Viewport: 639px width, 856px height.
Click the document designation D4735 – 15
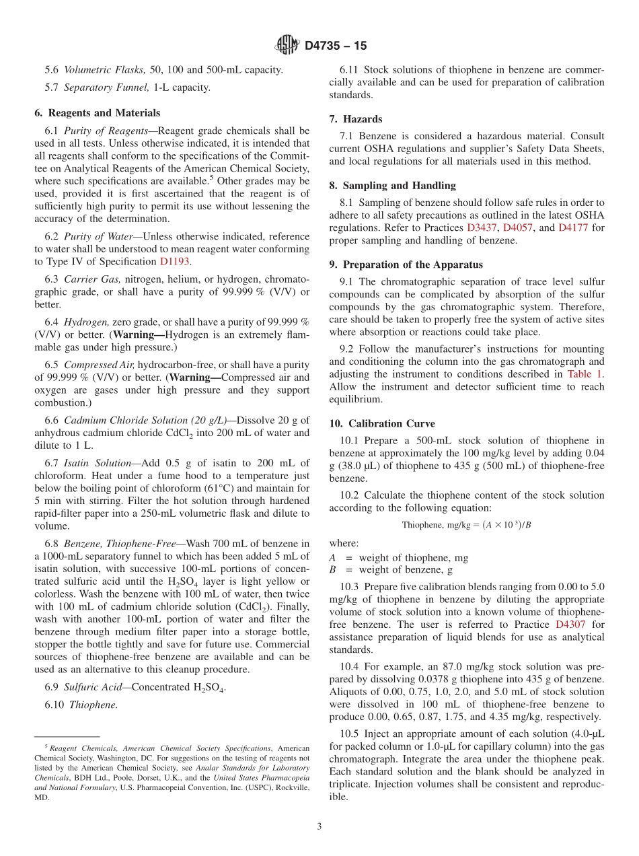[336, 46]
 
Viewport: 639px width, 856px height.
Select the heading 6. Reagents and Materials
[97, 113]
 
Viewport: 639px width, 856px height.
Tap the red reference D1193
[175, 262]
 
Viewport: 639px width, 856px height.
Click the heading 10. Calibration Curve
[382, 424]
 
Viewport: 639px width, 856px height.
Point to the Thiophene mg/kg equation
[467, 525]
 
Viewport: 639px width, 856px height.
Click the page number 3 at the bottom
[319, 827]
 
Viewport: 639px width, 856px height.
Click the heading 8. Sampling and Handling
[392, 186]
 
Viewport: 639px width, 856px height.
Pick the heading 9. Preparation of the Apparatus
[406, 265]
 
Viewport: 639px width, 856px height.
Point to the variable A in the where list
[332, 557]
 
